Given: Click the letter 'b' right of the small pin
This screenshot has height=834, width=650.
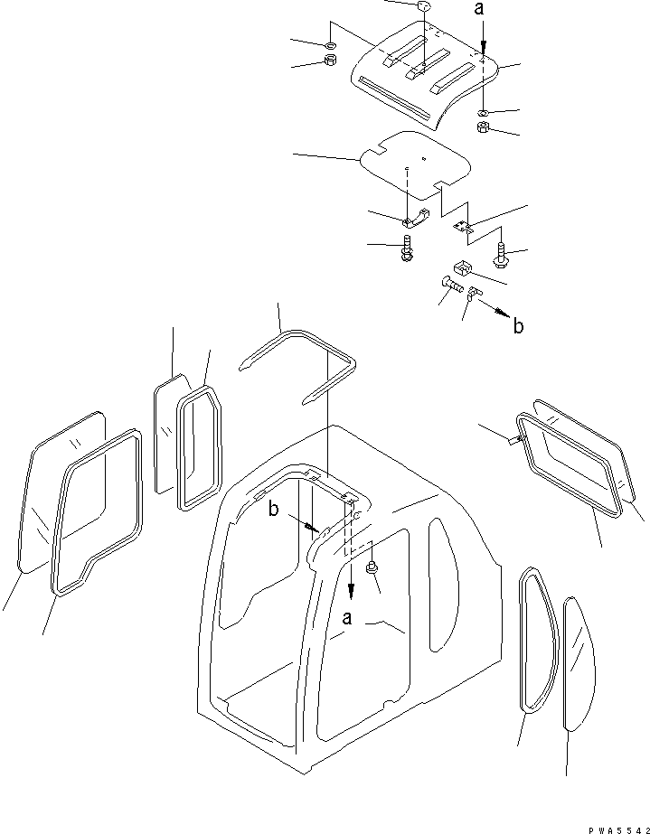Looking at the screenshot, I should tap(517, 325).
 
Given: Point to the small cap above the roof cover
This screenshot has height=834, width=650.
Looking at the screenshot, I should tap(422, 8).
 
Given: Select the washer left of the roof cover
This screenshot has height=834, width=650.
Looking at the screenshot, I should tap(330, 45).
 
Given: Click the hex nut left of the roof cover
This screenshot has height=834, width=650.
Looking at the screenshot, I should tap(330, 61).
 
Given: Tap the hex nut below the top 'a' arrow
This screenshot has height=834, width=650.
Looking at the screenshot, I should tap(484, 128).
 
